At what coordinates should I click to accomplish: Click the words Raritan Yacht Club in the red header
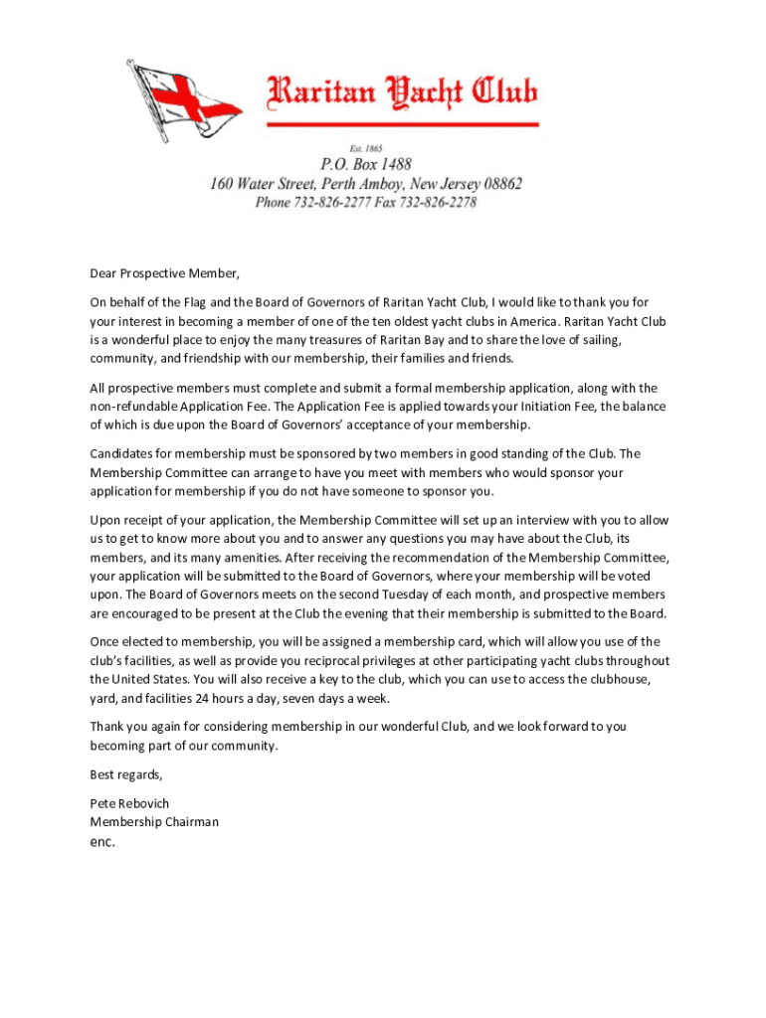coord(401,94)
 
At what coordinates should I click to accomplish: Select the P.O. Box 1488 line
coord(365,164)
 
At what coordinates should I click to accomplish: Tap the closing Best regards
coord(126,774)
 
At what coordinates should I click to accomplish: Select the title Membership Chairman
coord(154,822)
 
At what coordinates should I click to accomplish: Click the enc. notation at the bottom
coord(102,841)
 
